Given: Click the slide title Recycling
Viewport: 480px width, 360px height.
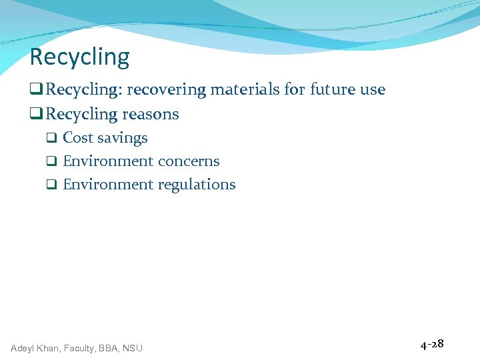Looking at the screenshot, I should tap(79, 57).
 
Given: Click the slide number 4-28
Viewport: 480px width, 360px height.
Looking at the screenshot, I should tap(432, 345).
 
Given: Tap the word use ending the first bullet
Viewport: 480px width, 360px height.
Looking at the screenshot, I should tap(373, 89).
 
